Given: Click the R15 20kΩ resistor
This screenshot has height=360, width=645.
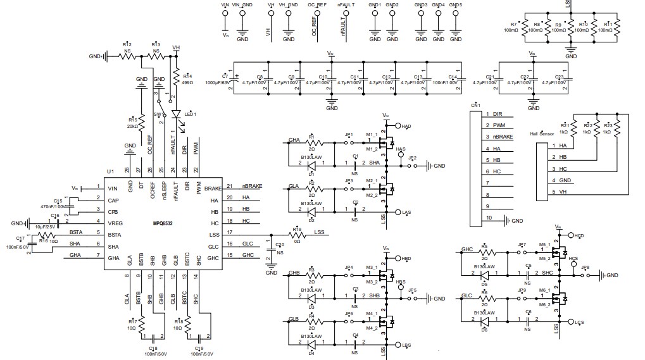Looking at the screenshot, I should pos(141,122).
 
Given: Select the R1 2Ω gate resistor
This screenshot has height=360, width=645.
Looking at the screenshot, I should pos(311,144).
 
